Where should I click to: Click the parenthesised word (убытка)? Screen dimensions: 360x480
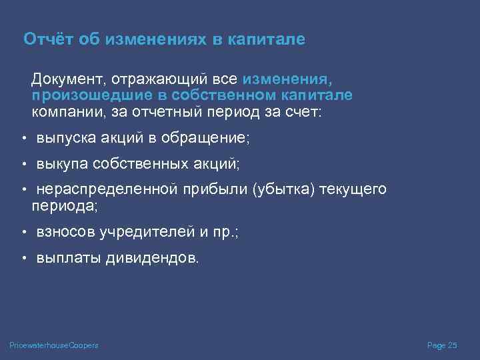tap(284, 189)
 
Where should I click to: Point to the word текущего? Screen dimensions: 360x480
tap(353, 189)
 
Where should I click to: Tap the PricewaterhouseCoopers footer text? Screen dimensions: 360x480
tap(54, 345)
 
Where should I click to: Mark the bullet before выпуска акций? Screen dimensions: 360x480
tap(23, 139)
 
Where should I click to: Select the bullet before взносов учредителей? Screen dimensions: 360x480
tap(23, 233)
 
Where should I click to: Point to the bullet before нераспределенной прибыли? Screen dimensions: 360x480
tap(23, 190)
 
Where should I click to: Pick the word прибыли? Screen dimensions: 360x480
tap(214, 189)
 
